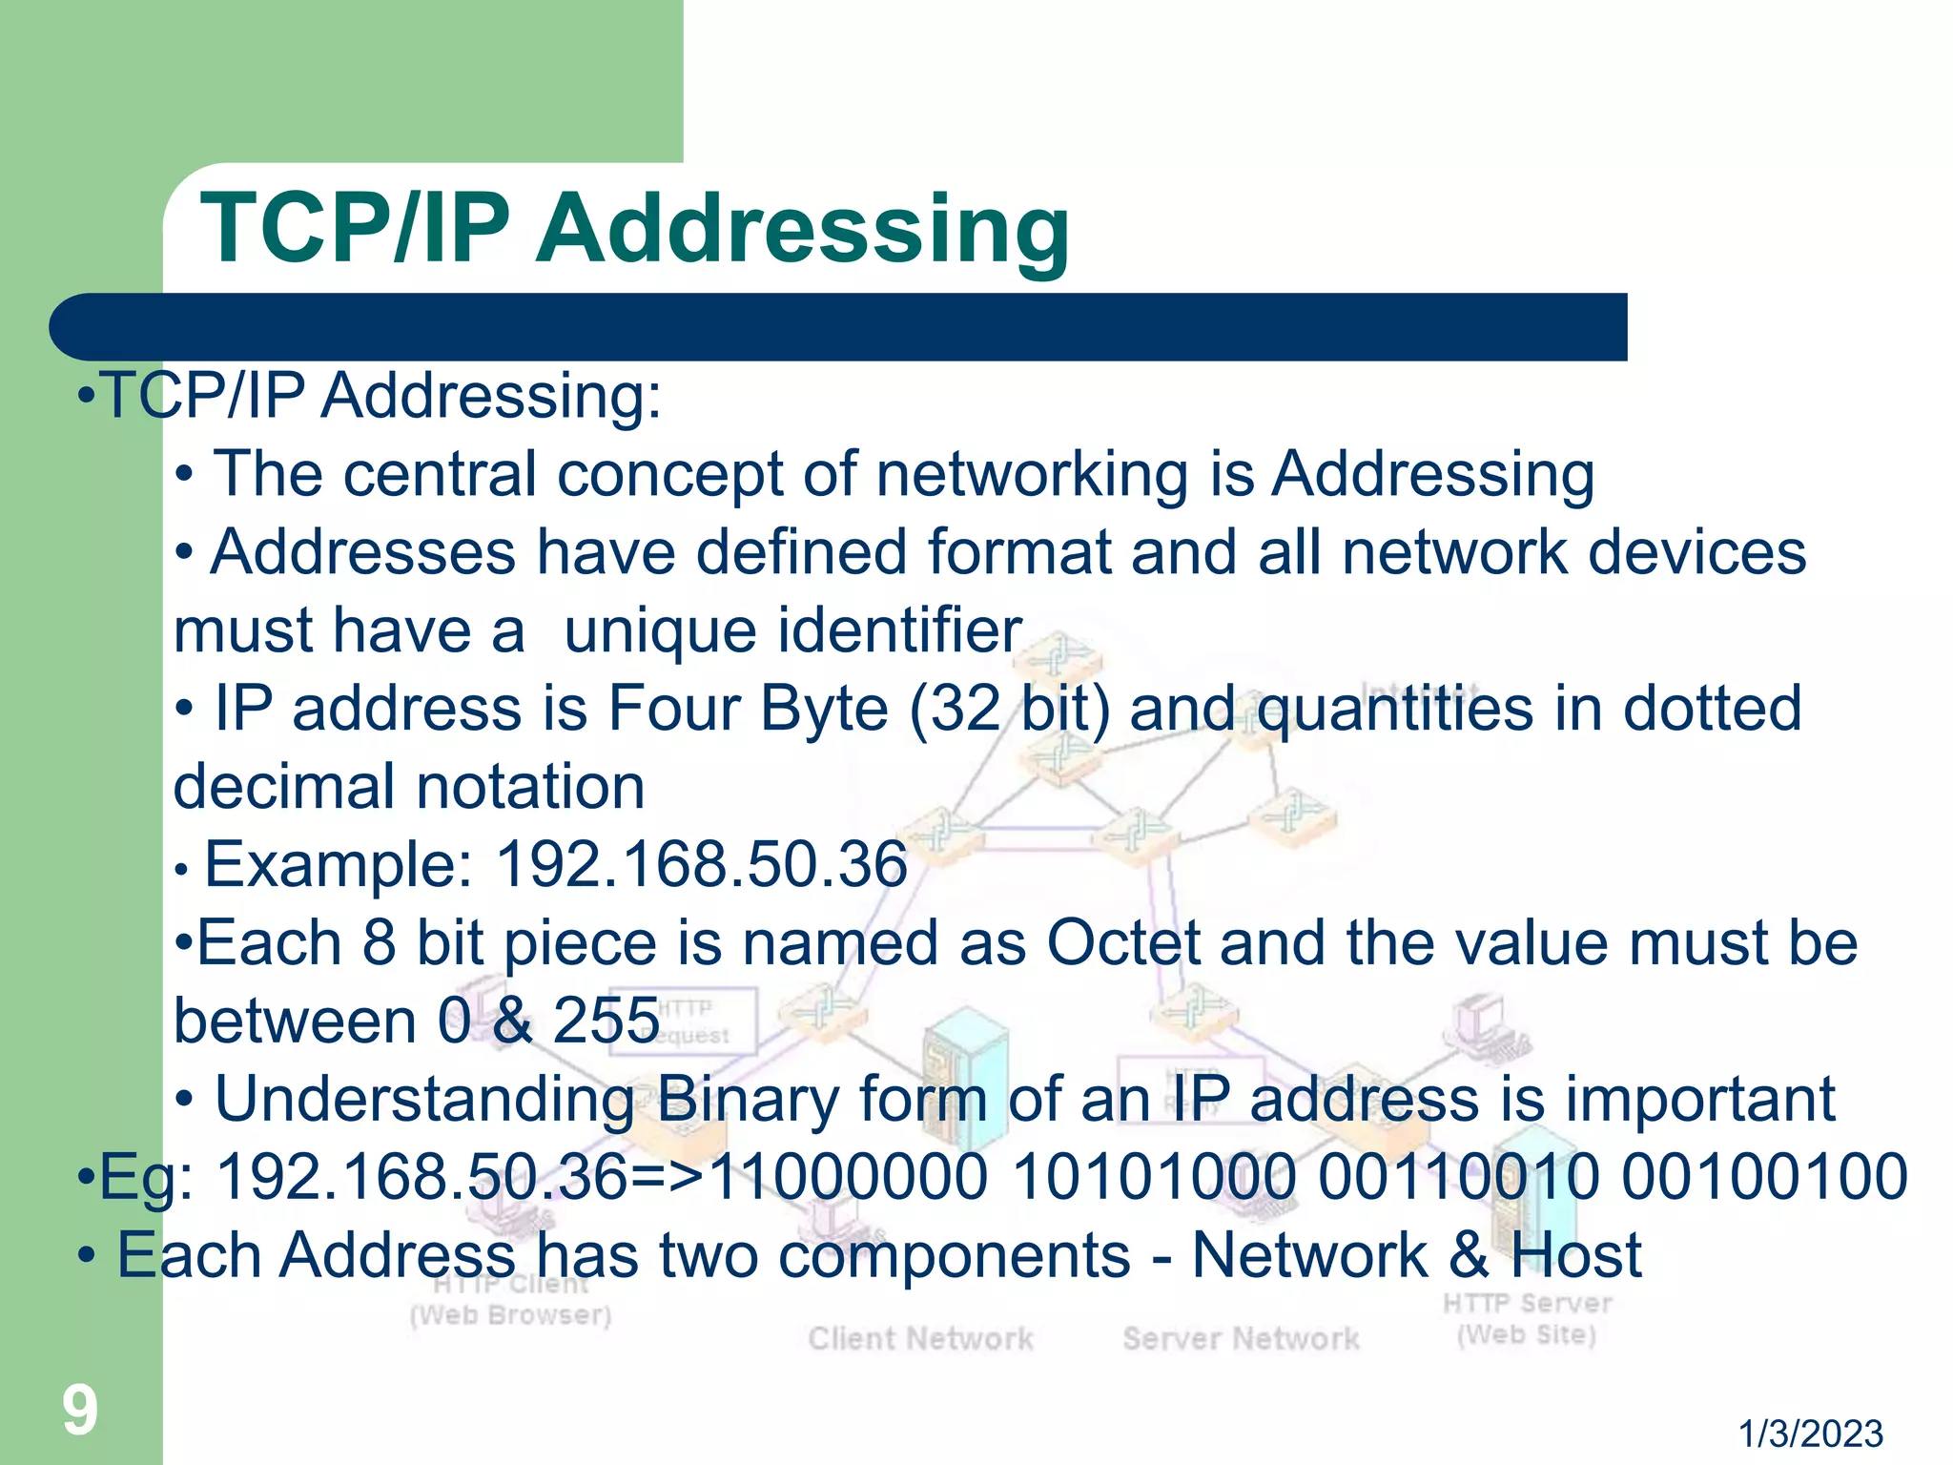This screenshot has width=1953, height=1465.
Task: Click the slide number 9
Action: (x=80, y=1411)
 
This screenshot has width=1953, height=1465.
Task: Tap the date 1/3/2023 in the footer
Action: (x=1809, y=1434)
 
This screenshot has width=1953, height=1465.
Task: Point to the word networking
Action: (x=1032, y=474)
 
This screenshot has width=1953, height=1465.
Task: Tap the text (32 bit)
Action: (x=1010, y=710)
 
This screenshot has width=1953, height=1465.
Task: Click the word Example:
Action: (x=339, y=865)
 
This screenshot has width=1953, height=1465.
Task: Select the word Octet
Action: (x=1122, y=943)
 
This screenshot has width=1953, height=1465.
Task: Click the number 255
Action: (x=606, y=1021)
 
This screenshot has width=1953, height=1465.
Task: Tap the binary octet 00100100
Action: (x=1764, y=1177)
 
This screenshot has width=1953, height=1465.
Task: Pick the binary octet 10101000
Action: (x=1154, y=1177)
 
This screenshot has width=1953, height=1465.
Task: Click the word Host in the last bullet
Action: (x=1575, y=1255)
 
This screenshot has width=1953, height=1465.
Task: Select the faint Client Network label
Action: (x=920, y=1338)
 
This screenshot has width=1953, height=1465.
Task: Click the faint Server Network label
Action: (x=1241, y=1338)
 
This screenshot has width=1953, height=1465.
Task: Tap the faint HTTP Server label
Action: (x=1526, y=1304)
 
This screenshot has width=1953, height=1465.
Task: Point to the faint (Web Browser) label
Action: (x=510, y=1315)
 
